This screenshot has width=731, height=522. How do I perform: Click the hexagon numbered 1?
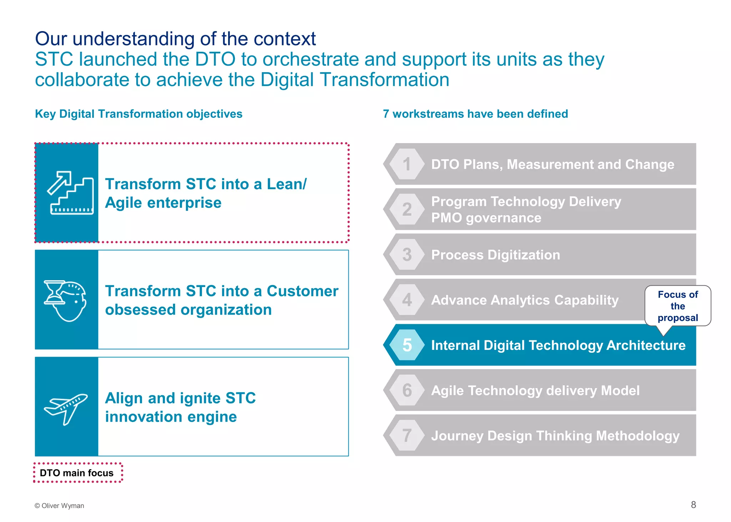pyautogui.click(x=407, y=164)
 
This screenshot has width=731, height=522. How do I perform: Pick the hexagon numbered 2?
pyautogui.click(x=407, y=209)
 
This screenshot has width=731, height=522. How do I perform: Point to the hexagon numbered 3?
pyautogui.click(x=407, y=255)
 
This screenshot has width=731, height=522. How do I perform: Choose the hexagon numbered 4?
pyautogui.click(x=407, y=300)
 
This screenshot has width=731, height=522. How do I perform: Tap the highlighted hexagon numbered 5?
pyautogui.click(x=407, y=345)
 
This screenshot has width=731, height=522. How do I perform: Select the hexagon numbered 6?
pyautogui.click(x=407, y=390)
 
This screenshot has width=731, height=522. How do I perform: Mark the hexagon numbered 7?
pyautogui.click(x=407, y=435)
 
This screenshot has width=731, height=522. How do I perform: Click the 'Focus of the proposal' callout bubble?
pyautogui.click(x=677, y=306)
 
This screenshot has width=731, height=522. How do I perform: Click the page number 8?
pyautogui.click(x=693, y=505)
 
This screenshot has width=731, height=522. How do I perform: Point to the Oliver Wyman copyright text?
pyautogui.click(x=59, y=506)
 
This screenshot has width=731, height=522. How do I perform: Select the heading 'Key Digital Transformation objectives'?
pyautogui.click(x=138, y=114)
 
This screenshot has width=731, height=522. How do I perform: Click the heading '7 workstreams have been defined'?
pyautogui.click(x=475, y=114)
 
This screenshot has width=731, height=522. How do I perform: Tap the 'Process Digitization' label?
pyautogui.click(x=495, y=255)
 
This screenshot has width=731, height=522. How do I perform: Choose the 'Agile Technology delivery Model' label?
pyautogui.click(x=535, y=391)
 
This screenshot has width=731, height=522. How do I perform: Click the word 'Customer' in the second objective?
pyautogui.click(x=302, y=291)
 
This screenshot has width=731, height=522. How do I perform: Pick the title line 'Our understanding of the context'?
pyautogui.click(x=175, y=39)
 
